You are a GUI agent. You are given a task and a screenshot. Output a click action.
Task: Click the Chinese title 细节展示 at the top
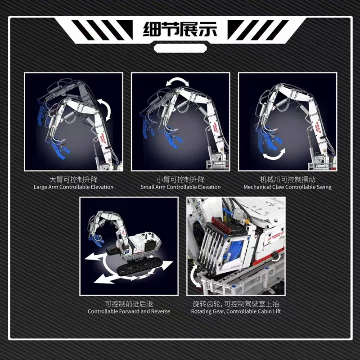180,29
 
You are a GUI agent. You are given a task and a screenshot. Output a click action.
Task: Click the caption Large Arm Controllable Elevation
73,187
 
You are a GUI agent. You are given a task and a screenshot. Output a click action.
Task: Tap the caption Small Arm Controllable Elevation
180,187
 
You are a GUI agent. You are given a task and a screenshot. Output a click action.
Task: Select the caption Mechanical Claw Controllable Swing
288,187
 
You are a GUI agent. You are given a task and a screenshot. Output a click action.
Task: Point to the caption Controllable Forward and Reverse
129,311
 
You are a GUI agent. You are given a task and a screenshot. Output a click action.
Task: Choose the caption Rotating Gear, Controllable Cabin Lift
236,311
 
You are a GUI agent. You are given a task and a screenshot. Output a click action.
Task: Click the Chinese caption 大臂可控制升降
73,180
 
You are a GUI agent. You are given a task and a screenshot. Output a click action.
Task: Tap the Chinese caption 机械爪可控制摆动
288,180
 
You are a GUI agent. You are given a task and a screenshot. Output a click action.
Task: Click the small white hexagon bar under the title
180,48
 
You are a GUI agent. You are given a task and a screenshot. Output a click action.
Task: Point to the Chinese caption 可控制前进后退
129,304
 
